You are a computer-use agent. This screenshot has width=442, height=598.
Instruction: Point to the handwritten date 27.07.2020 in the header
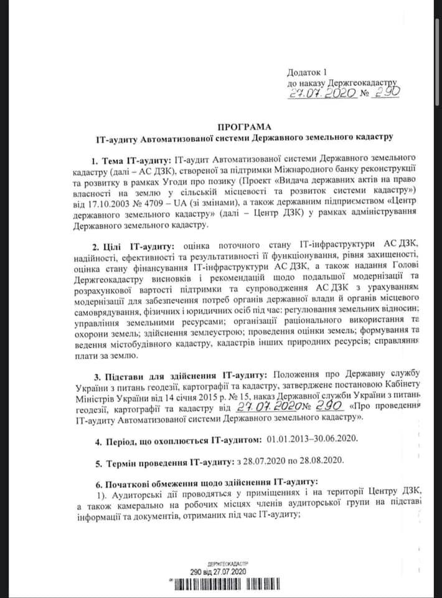tap(322, 93)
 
